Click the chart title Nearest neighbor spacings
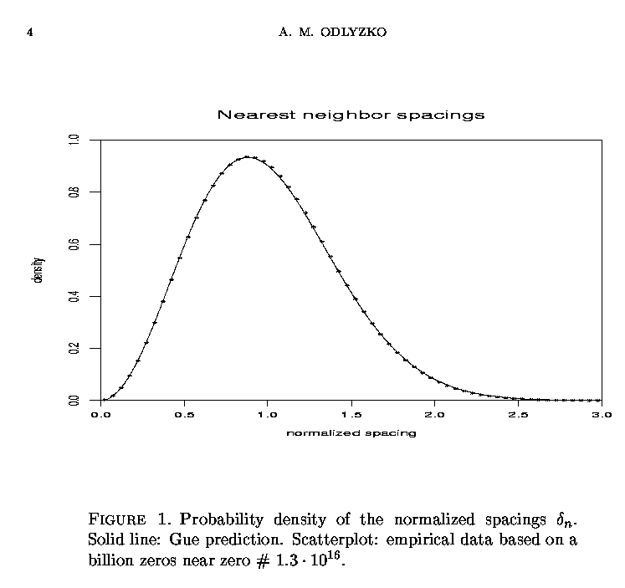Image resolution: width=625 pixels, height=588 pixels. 351,115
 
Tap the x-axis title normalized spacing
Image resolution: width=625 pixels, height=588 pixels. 351,433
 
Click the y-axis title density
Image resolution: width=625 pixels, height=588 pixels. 38,270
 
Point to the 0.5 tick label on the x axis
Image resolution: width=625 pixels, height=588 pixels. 184,414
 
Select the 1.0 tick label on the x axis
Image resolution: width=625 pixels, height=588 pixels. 268,414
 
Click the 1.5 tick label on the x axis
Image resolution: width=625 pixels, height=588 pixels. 351,414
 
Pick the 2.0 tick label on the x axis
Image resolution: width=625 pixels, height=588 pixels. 434,414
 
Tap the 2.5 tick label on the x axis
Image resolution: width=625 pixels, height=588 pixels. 518,414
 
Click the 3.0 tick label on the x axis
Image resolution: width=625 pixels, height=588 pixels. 601,414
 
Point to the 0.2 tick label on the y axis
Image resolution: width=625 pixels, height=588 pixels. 75,349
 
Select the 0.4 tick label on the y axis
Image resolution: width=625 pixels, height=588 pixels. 75,296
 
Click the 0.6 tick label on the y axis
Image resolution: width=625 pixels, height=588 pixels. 75,244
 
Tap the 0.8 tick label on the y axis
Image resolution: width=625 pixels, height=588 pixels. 75,192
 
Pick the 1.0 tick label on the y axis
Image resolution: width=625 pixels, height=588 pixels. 75,140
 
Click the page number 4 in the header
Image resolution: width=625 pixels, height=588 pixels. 29,33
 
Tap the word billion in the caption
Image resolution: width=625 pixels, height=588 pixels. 110,560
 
